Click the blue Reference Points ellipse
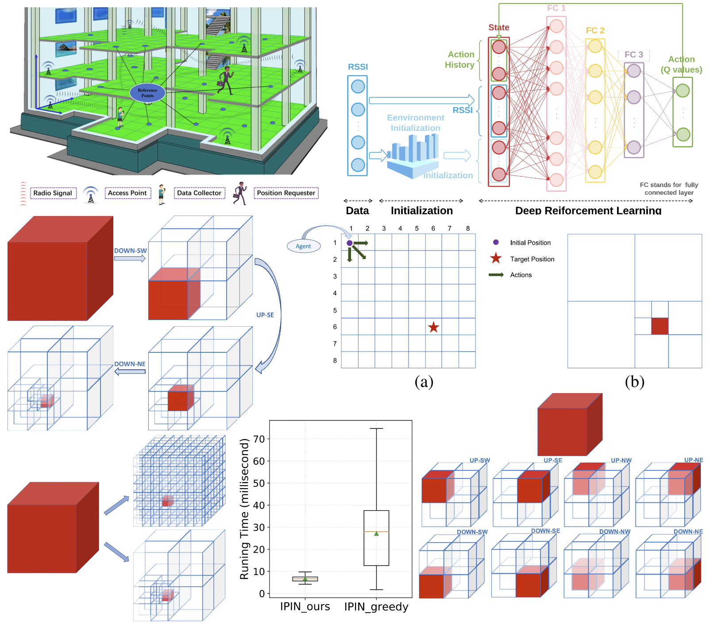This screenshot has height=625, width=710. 147,93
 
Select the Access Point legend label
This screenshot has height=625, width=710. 127,193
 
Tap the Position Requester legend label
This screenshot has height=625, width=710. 286,193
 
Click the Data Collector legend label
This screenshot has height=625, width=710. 199,193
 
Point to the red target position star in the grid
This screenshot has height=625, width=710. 433,328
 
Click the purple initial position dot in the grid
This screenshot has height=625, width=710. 350,243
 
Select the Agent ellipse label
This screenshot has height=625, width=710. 304,246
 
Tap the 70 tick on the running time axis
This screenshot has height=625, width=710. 259,439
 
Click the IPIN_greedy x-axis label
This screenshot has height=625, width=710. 376,606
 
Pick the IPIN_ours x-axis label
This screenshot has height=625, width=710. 305,606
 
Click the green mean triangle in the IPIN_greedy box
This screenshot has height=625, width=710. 376,534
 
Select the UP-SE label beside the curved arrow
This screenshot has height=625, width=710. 265,315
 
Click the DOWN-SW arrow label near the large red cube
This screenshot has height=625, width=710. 130,251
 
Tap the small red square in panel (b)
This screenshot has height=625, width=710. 660,326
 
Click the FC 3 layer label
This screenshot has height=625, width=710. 633,54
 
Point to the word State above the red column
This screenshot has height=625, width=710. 498,27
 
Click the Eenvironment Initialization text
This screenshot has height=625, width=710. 415,123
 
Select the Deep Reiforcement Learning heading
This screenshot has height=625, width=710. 588,210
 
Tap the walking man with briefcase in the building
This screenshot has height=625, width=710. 225,80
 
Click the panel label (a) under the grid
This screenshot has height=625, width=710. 424,382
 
